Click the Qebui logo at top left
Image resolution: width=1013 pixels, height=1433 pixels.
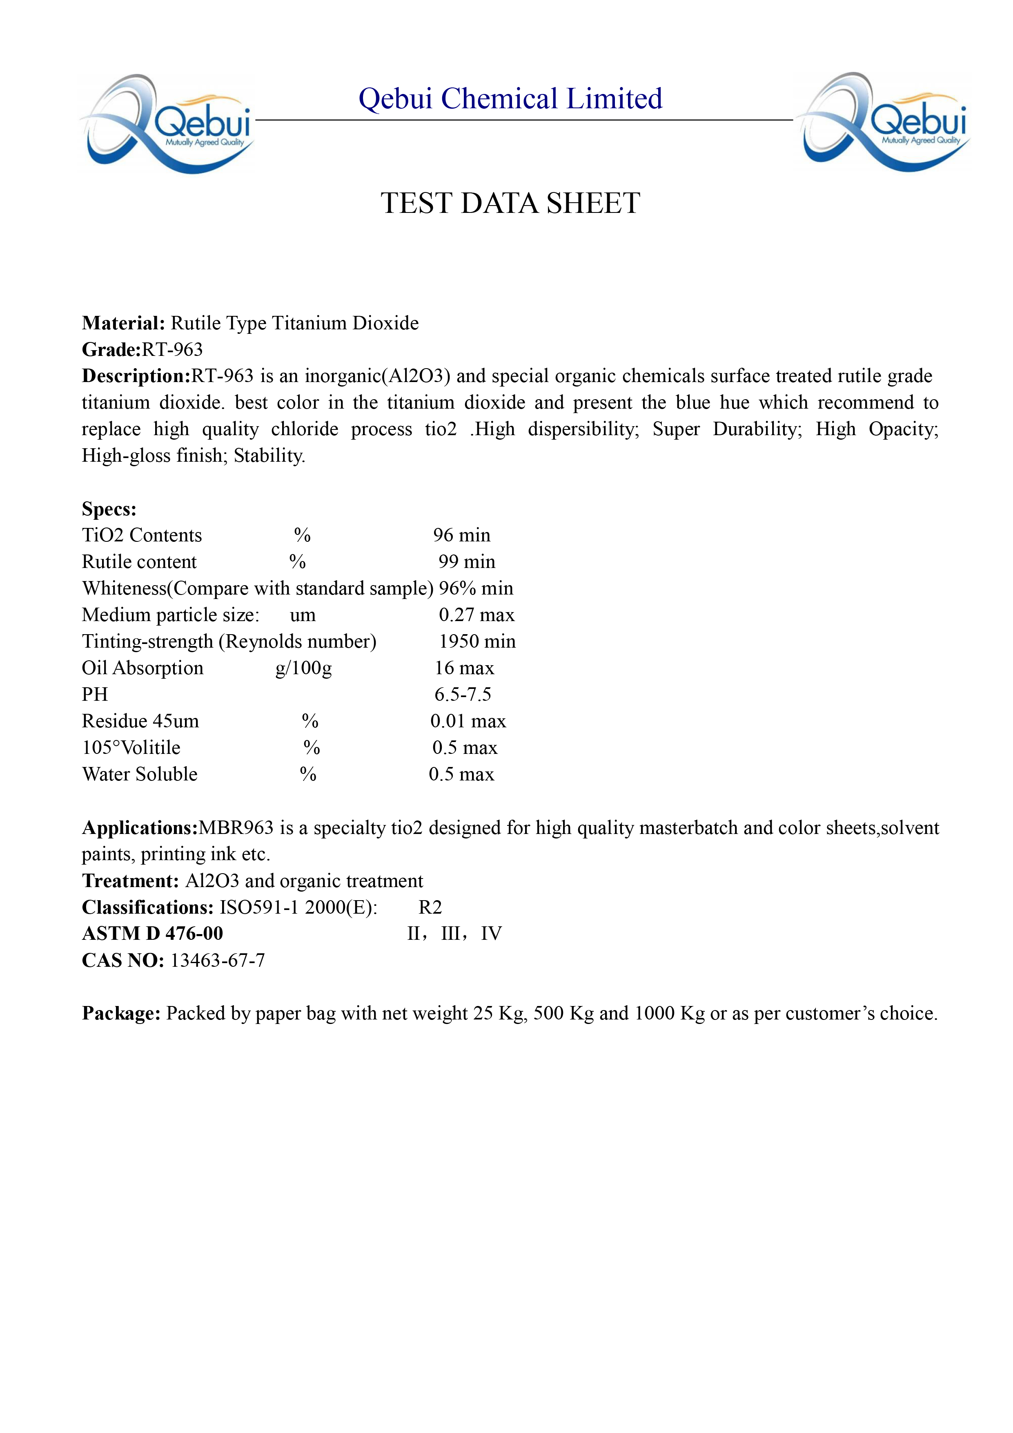(x=167, y=123)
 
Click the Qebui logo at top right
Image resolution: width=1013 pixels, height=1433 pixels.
(x=883, y=122)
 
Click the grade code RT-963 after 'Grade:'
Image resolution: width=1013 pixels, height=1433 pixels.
(x=172, y=349)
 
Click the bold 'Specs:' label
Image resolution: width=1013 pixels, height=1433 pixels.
(x=109, y=509)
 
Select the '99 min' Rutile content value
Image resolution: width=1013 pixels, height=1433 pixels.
(x=467, y=562)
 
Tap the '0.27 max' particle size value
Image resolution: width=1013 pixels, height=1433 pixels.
(x=476, y=615)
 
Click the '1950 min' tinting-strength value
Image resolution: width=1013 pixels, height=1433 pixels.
(x=477, y=642)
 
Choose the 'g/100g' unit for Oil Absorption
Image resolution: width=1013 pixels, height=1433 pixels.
(x=304, y=668)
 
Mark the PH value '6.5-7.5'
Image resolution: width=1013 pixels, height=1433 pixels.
(x=463, y=695)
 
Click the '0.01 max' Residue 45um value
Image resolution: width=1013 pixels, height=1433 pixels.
(x=468, y=722)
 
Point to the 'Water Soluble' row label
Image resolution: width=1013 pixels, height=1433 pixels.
(x=140, y=775)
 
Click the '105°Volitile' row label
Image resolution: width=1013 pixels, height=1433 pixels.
(x=131, y=748)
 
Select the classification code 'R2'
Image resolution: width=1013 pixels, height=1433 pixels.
(x=430, y=908)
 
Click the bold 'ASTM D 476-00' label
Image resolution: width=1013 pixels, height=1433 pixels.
(x=152, y=934)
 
